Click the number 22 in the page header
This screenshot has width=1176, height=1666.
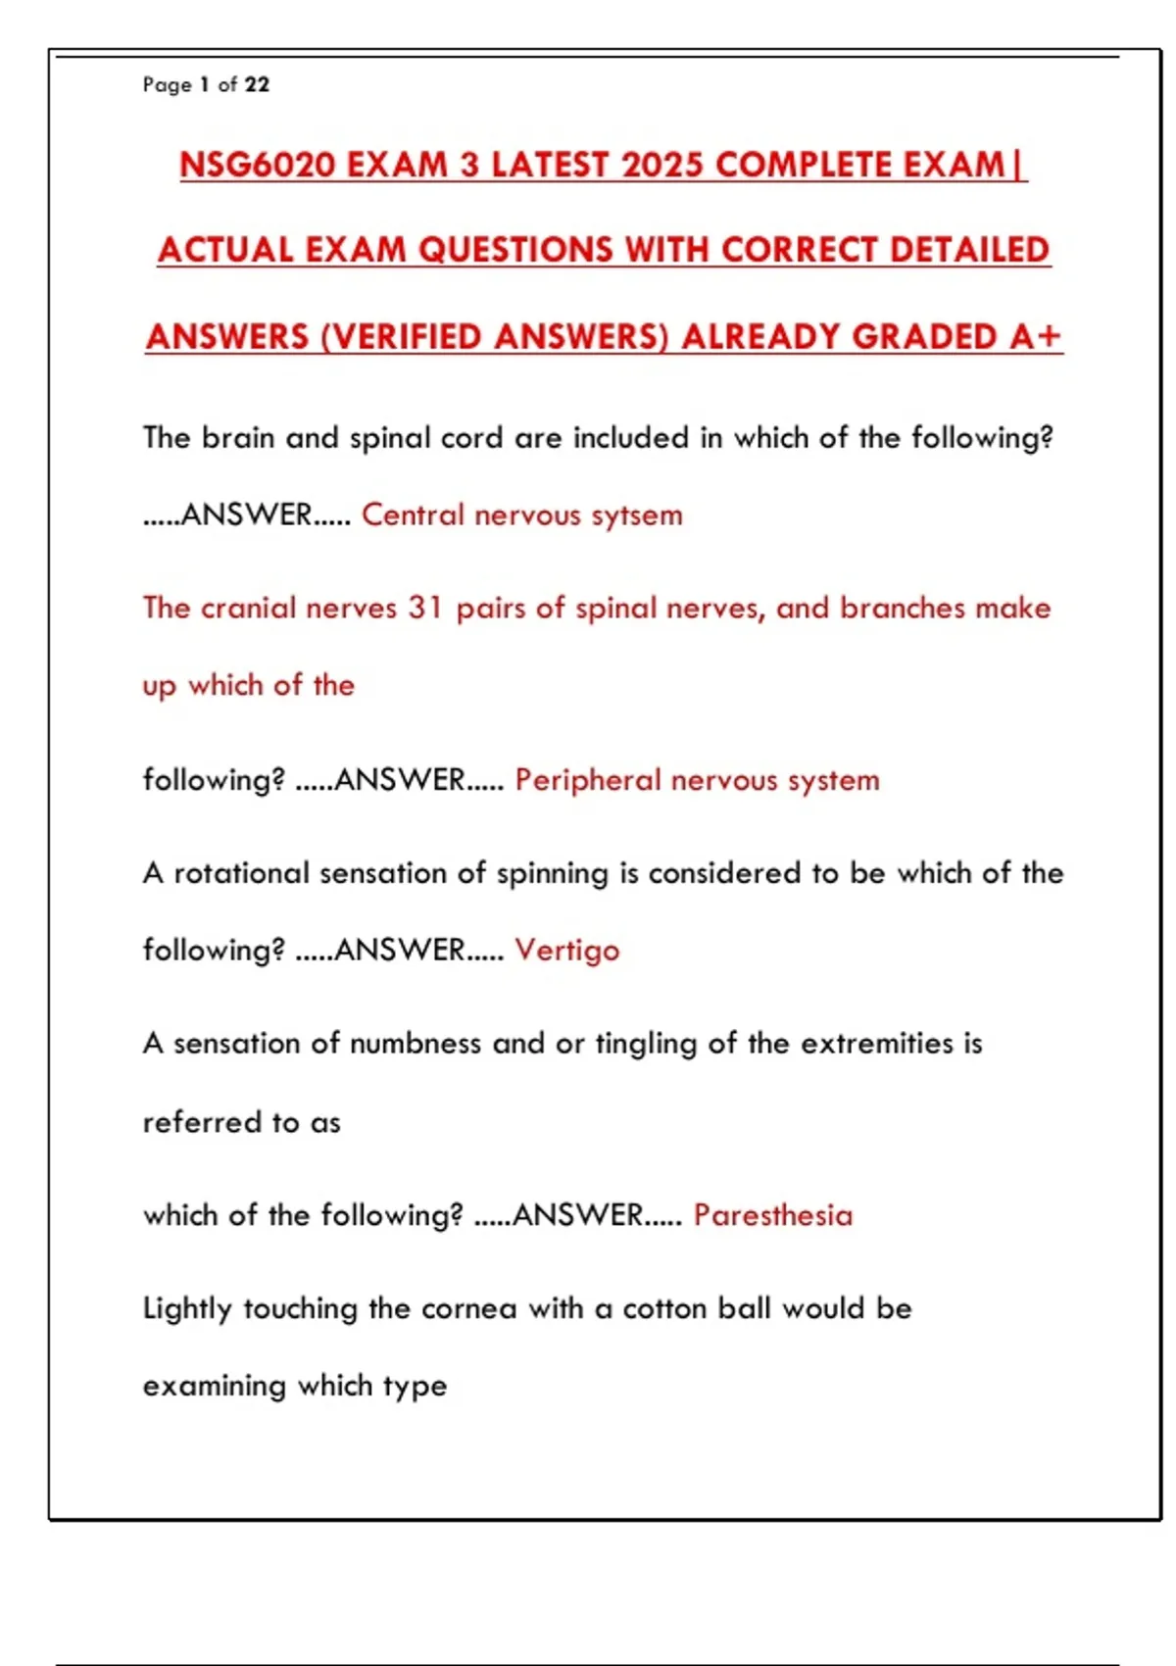[257, 84]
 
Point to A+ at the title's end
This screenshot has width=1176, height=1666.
[1037, 337]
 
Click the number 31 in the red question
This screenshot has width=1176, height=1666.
[426, 608]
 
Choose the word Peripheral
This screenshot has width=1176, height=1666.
[588, 780]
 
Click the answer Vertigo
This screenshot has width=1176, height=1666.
[567, 951]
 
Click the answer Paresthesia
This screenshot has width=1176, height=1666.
[773, 1215]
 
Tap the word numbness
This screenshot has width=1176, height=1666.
[416, 1044]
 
